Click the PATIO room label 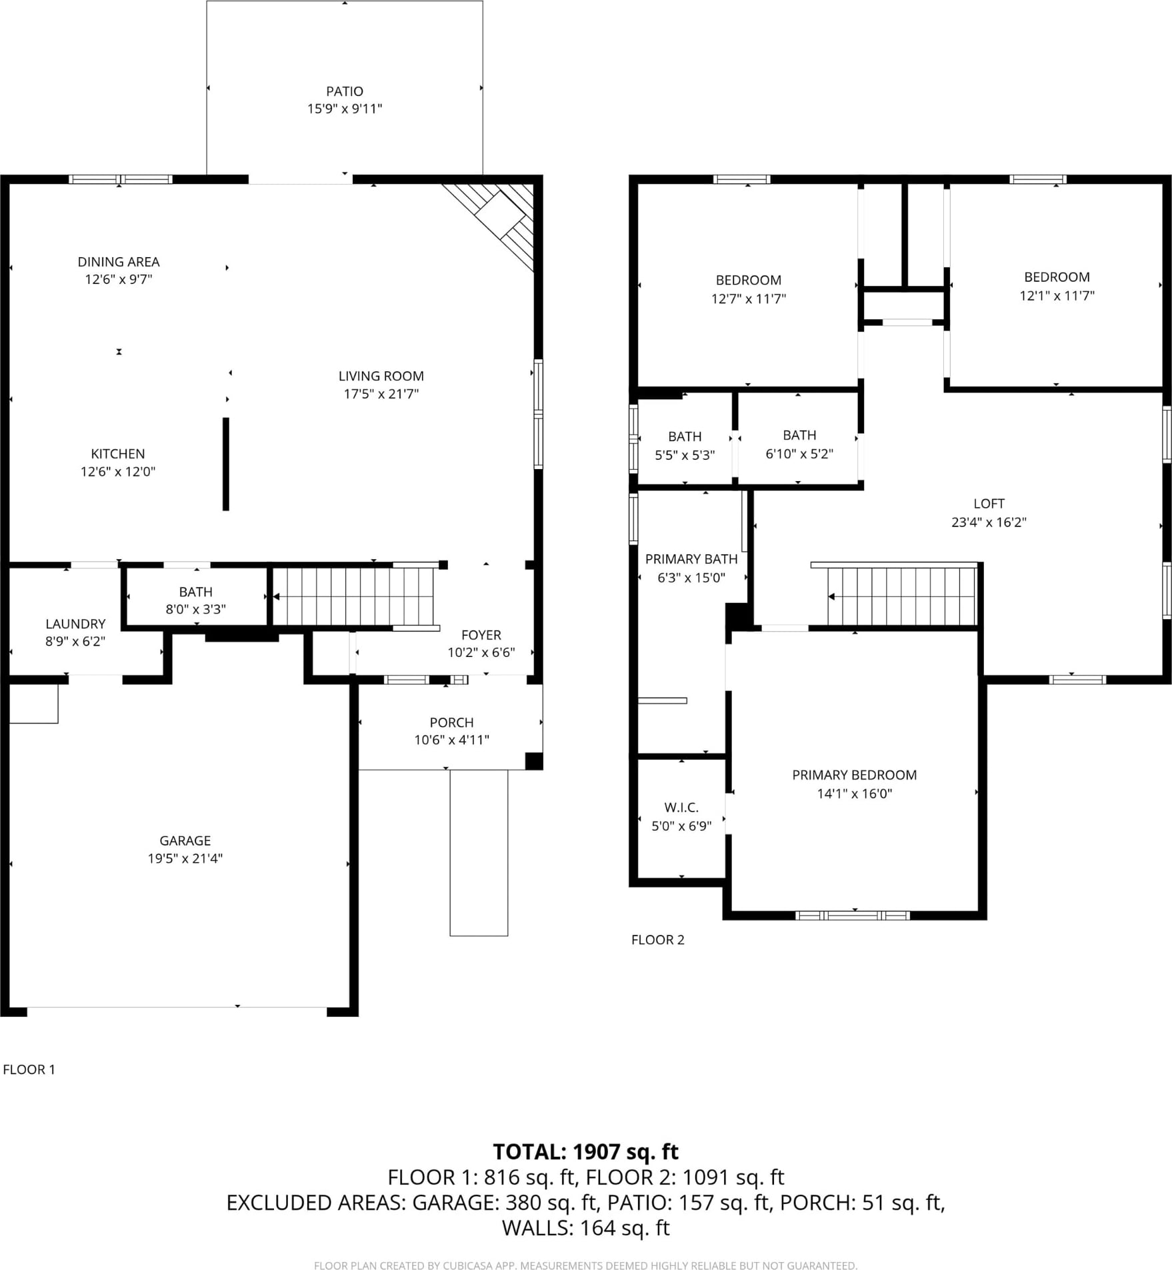pos(345,91)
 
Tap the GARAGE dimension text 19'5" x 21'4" pos(185,858)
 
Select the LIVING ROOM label pos(381,376)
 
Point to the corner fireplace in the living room pos(497,220)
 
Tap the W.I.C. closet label pos(681,808)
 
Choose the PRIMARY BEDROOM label pos(854,775)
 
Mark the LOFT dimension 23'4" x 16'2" pos(989,522)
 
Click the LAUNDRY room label pos(75,624)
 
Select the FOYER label pos(481,635)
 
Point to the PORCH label pos(451,722)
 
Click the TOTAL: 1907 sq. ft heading pos(585,1151)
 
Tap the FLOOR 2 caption pos(657,940)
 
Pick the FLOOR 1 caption pos(29,1069)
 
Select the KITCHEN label pos(117,454)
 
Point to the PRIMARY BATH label pos(691,559)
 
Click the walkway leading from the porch pos(479,853)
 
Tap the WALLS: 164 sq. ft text pos(585,1228)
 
